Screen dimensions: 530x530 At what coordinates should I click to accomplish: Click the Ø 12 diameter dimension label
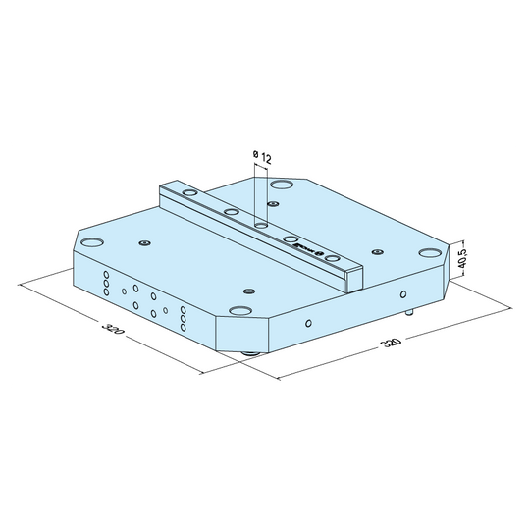(262, 156)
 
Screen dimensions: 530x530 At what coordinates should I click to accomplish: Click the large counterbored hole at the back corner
(282, 185)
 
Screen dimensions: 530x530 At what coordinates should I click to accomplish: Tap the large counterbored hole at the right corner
(429, 252)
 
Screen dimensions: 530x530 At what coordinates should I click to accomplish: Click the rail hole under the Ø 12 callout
(262, 224)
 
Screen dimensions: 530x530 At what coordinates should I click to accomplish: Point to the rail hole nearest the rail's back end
(232, 211)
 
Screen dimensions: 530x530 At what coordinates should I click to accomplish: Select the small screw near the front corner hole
(249, 291)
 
